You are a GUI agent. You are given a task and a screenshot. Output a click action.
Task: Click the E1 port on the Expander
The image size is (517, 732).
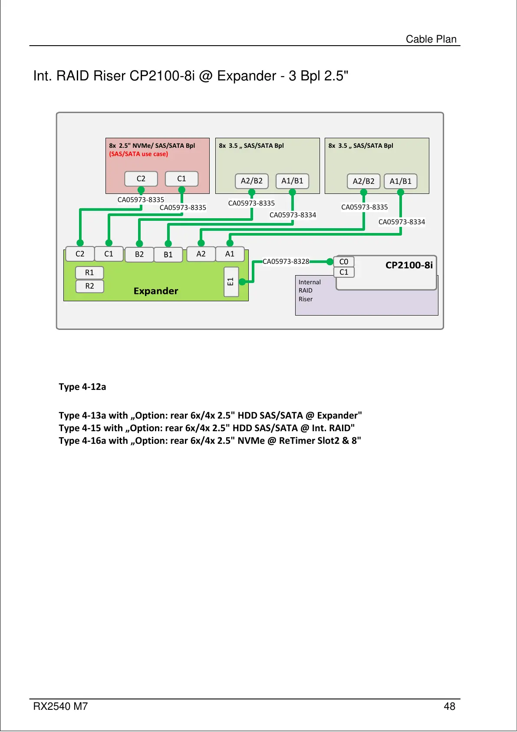[x=231, y=282]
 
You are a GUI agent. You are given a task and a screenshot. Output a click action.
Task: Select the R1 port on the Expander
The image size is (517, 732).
[x=89, y=273]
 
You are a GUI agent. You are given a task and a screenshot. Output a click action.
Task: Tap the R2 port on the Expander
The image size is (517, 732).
[x=89, y=286]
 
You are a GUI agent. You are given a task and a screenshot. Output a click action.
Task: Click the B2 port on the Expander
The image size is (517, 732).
[x=139, y=254]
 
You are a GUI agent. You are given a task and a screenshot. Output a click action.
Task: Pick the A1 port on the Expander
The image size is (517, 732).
[x=230, y=254]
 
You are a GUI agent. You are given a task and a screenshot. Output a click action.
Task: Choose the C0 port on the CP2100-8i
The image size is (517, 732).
[x=344, y=262]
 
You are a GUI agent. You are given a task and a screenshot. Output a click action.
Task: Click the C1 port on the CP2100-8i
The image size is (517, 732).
[x=344, y=272]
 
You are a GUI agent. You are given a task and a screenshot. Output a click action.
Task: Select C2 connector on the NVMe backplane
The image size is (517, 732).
[x=141, y=179]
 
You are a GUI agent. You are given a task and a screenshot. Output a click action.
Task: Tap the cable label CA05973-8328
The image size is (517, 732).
[x=286, y=261]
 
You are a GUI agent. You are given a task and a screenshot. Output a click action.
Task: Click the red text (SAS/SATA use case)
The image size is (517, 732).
[x=138, y=154]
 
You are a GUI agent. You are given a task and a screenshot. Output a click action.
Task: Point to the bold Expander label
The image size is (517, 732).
[x=156, y=291]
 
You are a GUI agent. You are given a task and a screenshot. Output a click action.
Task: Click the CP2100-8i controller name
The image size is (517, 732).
[x=409, y=265]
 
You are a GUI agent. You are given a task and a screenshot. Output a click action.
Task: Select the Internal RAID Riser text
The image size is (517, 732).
[x=309, y=290]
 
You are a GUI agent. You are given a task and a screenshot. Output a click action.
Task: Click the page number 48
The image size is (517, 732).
[x=449, y=706]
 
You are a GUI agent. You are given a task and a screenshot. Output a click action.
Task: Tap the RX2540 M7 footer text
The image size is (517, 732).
[x=60, y=706]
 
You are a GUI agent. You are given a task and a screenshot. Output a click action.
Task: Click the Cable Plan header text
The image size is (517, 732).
[x=431, y=39]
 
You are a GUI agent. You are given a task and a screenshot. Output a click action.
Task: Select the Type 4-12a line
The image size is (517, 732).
[x=82, y=386]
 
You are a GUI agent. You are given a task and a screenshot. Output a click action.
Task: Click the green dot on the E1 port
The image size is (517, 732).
[x=242, y=282]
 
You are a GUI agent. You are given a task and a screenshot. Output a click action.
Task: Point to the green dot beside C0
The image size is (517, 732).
[x=330, y=261]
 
